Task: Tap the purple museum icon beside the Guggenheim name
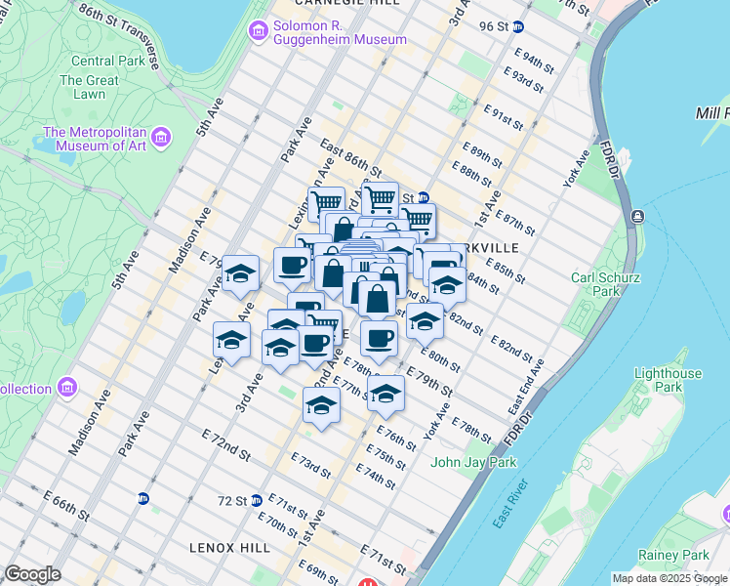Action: [259, 32]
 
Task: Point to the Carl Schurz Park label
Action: [596, 283]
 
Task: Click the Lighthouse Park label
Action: [668, 380]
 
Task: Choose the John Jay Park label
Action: [473, 462]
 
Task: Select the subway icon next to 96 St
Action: [518, 27]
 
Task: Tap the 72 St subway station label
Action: [233, 500]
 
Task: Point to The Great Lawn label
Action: [89, 88]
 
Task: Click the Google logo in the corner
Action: [32, 574]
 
